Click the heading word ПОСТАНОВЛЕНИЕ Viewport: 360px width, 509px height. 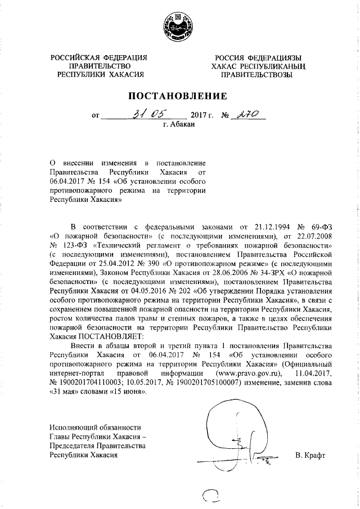(179, 96)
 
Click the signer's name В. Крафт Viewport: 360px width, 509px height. (310, 455)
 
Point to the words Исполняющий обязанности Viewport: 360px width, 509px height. (95, 429)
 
